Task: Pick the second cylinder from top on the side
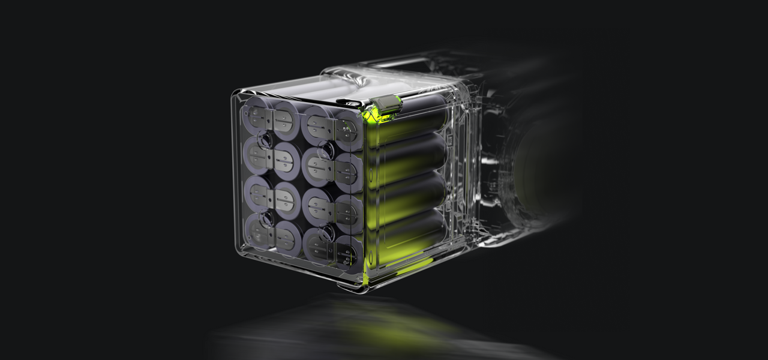(x=414, y=159)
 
